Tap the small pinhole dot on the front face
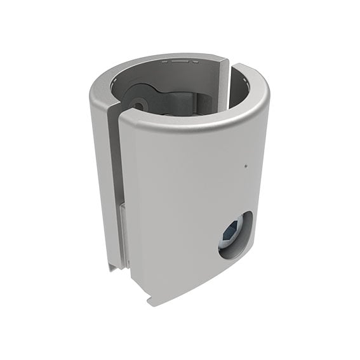tap(245, 167)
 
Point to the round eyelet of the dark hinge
tap(137, 102)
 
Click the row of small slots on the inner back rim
tap(180, 62)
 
